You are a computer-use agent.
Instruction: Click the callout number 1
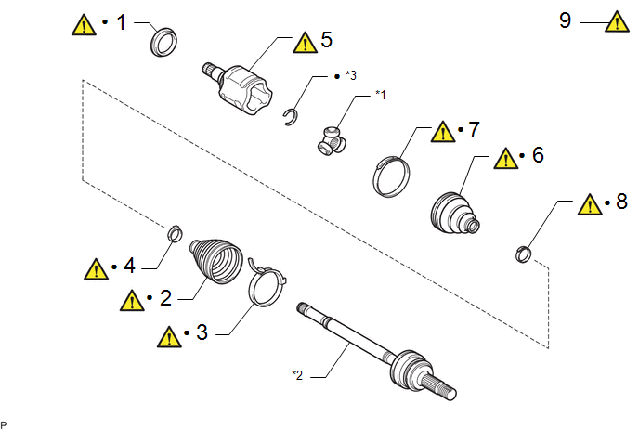click(120, 22)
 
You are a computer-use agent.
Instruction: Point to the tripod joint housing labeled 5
click(243, 85)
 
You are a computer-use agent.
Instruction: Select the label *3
click(349, 74)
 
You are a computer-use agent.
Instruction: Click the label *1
click(379, 94)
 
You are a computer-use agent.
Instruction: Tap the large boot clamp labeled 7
click(393, 174)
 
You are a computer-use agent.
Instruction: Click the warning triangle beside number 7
click(445, 130)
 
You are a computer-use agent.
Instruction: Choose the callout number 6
click(538, 154)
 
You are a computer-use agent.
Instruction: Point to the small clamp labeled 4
click(174, 233)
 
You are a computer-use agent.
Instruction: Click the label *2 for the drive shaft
click(297, 375)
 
